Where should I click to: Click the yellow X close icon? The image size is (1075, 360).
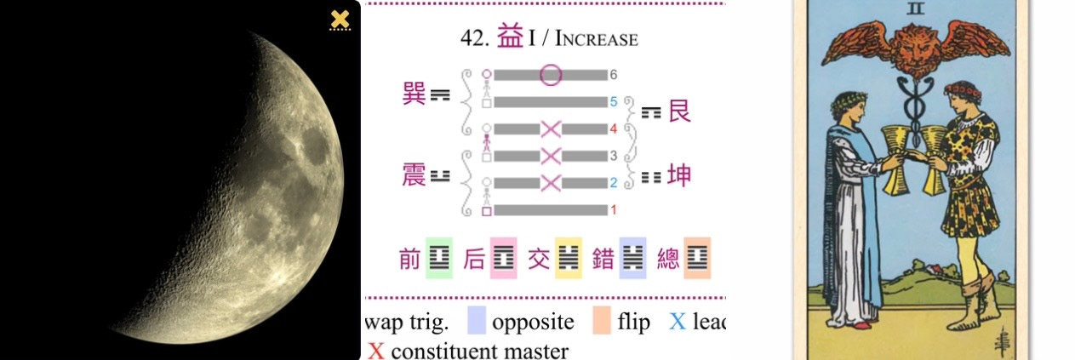(340, 20)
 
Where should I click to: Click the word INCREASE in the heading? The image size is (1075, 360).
(596, 39)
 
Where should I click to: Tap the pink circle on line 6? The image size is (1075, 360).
(551, 75)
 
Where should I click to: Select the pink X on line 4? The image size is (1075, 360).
(551, 129)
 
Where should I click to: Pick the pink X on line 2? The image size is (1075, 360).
(551, 182)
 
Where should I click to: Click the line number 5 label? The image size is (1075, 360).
(613, 102)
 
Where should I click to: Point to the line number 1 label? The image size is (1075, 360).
(613, 209)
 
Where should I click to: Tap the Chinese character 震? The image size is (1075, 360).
(414, 174)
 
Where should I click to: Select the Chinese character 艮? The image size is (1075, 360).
(679, 111)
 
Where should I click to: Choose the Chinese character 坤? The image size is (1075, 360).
(679, 175)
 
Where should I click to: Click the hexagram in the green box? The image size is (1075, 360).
(438, 259)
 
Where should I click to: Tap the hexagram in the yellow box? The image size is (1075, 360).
(569, 259)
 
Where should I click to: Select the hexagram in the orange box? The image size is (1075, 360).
(697, 259)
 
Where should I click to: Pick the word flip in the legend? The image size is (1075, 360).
(634, 323)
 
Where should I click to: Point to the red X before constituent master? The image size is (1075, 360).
(376, 350)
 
